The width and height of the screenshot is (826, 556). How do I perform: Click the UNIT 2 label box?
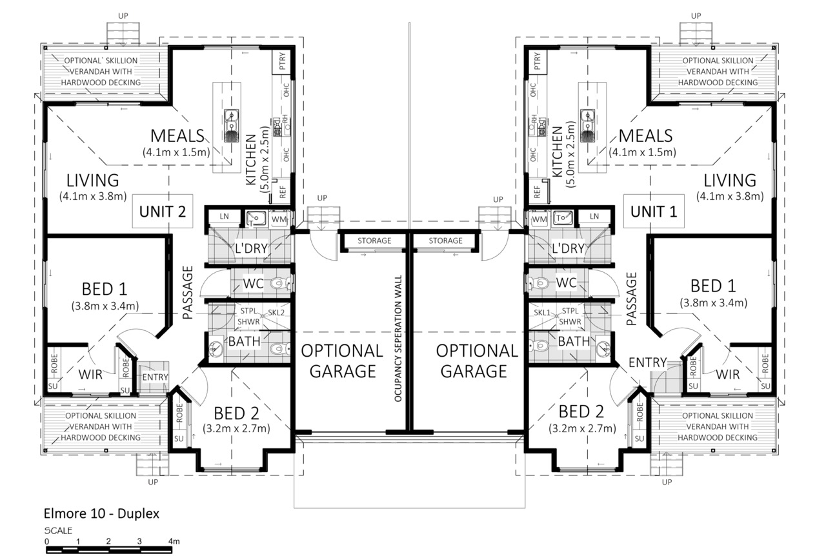click(163, 212)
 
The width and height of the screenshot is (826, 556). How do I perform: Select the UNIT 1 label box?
click(654, 212)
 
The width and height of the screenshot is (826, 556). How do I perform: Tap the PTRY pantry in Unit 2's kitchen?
click(282, 61)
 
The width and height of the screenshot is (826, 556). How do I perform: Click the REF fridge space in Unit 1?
click(538, 192)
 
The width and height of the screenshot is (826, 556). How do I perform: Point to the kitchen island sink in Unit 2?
click(231, 126)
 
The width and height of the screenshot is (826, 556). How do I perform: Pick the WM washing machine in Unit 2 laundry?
click(279, 219)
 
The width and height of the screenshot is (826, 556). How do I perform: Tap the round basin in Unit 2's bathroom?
click(216, 348)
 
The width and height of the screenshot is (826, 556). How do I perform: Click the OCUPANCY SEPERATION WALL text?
click(398, 338)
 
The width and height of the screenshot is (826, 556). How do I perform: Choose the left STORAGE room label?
click(374, 241)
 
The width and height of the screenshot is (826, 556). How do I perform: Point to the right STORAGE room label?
click(445, 241)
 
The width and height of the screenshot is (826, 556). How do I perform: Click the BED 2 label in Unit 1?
click(581, 412)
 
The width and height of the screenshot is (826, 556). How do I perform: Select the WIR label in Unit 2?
click(90, 375)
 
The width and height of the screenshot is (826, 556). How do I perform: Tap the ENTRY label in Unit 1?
click(647, 362)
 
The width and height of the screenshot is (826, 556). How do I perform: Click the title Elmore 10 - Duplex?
click(101, 513)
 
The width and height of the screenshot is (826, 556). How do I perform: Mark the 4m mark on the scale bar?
click(174, 541)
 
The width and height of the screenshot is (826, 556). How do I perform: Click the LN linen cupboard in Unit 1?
click(594, 216)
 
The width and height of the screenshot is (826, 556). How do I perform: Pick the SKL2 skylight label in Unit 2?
click(276, 313)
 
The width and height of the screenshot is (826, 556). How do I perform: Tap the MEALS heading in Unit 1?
click(645, 135)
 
